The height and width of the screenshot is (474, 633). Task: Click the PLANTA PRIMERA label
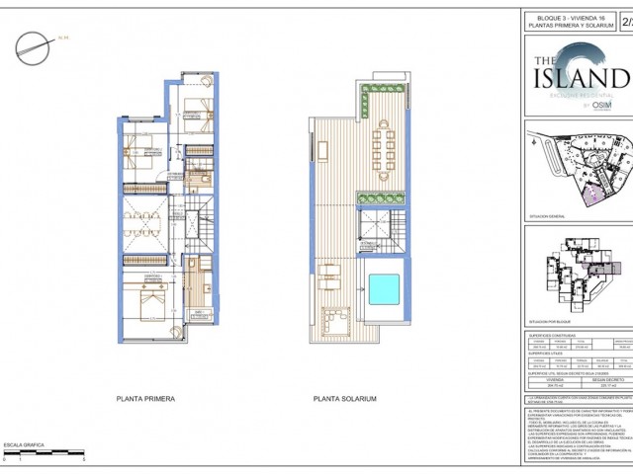[146, 399]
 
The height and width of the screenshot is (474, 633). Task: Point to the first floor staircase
[204, 227]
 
